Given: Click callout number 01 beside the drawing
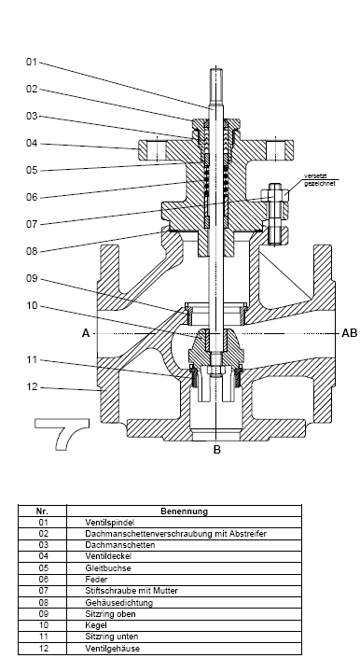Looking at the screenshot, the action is (32, 63).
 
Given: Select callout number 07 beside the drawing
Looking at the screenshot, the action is (32, 225).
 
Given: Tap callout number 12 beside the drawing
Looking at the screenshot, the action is (32, 387).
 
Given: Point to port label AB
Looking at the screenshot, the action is (350, 333).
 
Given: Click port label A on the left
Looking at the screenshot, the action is (86, 333).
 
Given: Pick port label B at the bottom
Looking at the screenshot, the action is (217, 450).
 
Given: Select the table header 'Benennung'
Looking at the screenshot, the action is (184, 511).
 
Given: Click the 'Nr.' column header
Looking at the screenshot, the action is (42, 511).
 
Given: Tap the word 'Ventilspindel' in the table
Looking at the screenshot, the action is (110, 523).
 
